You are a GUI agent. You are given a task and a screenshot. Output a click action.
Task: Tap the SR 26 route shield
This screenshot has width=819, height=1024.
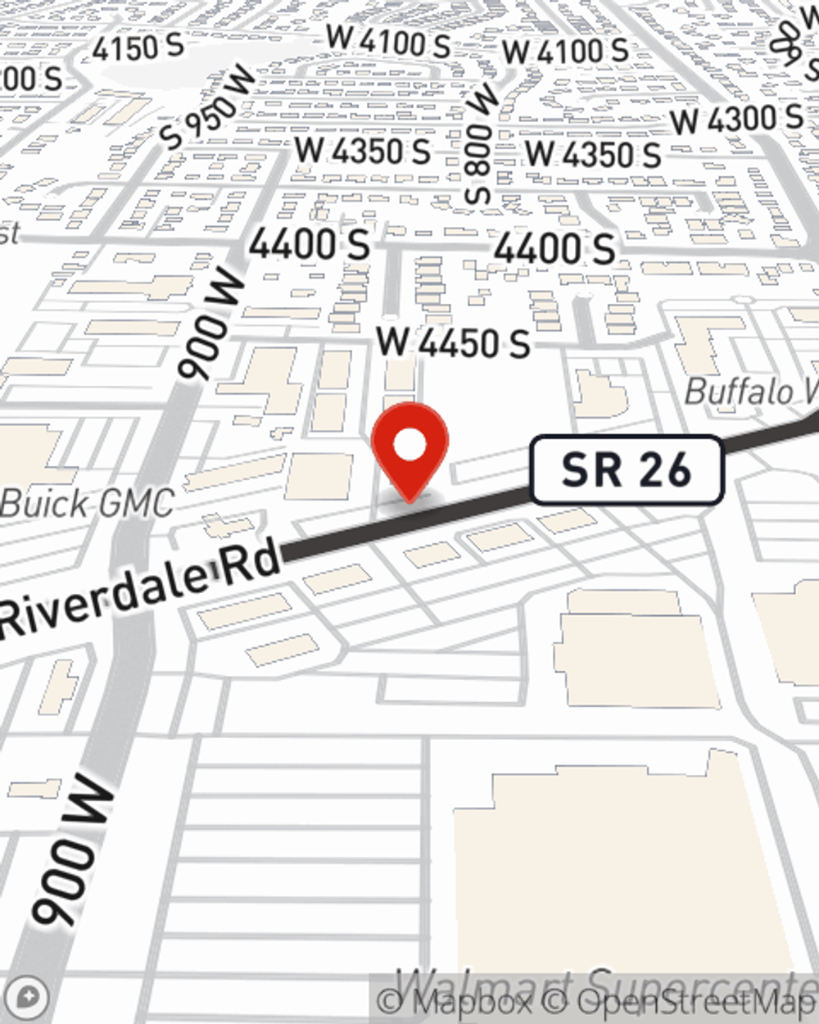tap(627, 470)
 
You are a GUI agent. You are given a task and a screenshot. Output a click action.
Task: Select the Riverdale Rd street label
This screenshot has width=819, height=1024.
tap(139, 588)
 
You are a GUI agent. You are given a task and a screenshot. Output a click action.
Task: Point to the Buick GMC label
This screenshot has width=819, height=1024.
tap(87, 502)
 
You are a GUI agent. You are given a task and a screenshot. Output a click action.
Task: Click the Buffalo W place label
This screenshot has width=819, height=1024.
tap(749, 392)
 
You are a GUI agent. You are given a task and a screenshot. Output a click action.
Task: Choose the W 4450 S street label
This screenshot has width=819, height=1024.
tap(453, 342)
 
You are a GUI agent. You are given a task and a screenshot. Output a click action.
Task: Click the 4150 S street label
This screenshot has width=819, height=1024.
tap(138, 48)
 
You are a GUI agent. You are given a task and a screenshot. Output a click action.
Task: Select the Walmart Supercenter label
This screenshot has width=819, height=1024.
tap(606, 983)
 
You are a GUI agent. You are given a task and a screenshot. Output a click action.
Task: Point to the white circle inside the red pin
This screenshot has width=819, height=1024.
tap(409, 446)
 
